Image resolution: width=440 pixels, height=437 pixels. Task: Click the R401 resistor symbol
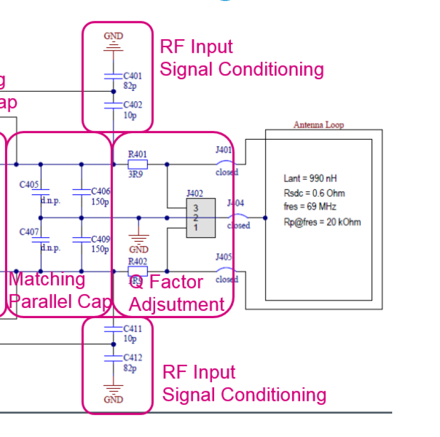click(138, 164)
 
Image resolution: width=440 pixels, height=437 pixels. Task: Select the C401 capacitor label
click(133, 76)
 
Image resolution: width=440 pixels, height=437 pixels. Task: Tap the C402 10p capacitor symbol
click(113, 105)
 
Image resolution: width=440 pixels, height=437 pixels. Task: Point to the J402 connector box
click(200, 217)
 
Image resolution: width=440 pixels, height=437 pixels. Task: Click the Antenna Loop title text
click(319, 124)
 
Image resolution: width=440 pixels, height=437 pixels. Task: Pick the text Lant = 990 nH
click(310, 178)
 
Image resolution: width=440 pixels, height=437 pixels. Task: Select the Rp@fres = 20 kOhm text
click(322, 222)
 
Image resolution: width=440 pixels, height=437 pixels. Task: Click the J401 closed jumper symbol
click(225, 163)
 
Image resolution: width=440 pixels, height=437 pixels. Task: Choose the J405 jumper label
click(224, 256)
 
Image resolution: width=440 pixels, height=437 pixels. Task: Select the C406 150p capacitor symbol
click(81, 192)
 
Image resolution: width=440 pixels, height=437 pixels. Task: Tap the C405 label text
click(30, 184)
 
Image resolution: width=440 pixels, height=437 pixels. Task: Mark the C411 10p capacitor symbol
click(113, 329)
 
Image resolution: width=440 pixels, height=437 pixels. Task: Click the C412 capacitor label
click(133, 358)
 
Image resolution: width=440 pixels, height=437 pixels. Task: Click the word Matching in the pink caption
click(47, 278)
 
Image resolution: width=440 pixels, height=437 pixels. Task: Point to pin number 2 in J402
click(196, 217)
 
